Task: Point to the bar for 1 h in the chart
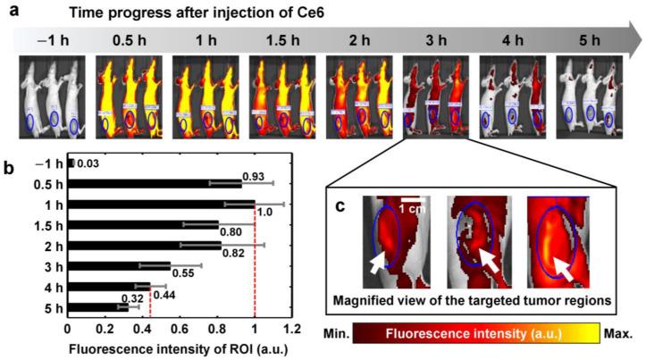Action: [161, 203]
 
